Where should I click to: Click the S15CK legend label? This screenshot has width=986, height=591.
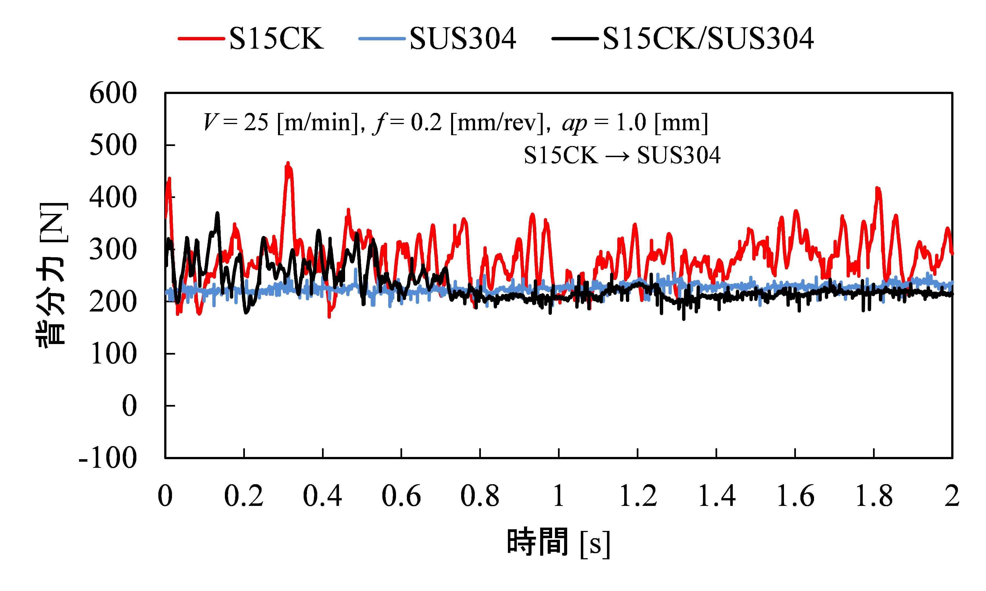coord(276,39)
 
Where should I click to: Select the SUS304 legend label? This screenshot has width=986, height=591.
coord(463,39)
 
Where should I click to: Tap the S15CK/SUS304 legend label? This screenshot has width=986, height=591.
coord(708,39)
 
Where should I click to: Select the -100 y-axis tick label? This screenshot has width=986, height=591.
coord(108,458)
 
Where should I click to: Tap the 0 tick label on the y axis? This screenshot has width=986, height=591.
coord(129,406)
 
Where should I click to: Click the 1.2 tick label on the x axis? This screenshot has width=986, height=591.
coord(637,496)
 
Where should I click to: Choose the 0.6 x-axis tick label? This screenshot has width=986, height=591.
coord(401,496)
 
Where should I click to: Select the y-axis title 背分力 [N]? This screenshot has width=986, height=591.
coord(53,275)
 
